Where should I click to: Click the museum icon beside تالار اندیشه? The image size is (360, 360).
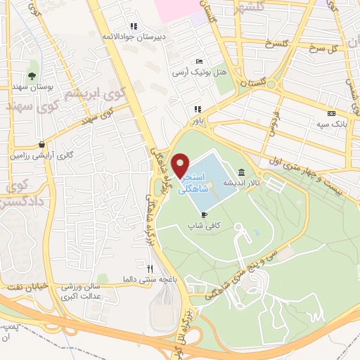click(242, 172)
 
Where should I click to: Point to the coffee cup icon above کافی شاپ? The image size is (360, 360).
click(205, 214)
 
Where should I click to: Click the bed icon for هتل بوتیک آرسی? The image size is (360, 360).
click(199, 61)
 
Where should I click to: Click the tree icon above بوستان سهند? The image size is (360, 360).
click(32, 75)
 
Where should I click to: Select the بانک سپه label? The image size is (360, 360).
click(331, 124)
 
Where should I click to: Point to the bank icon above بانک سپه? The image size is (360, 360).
click(331, 113)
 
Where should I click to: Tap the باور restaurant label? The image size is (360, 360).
click(197, 120)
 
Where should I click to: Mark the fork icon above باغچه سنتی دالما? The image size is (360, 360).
click(149, 268)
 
